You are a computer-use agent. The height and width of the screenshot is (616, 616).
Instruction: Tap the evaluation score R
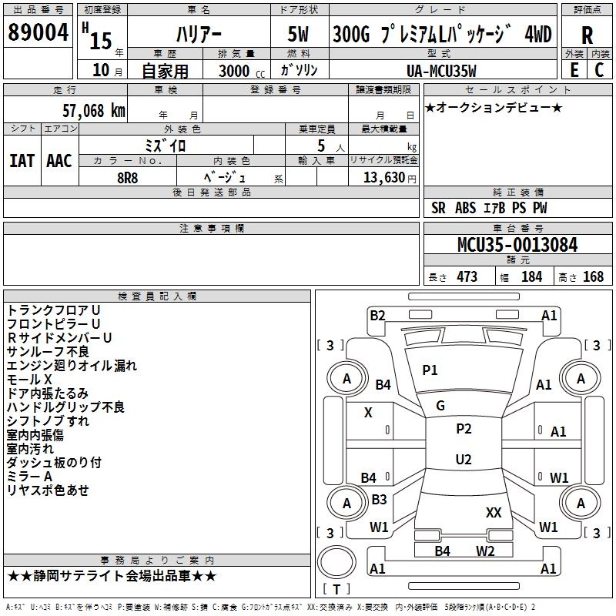click(x=587, y=35)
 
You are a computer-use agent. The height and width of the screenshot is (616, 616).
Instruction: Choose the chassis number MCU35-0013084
click(x=517, y=246)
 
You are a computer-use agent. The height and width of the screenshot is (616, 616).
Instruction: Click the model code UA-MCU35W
click(x=441, y=71)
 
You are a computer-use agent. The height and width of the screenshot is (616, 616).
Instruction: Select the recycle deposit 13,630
click(x=383, y=178)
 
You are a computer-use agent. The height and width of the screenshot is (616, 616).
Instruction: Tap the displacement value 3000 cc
click(x=238, y=71)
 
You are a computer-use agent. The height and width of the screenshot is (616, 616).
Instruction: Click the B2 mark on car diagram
click(x=377, y=315)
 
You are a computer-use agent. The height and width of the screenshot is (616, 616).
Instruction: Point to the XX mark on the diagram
click(x=494, y=512)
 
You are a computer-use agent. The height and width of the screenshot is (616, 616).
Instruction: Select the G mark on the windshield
click(x=440, y=406)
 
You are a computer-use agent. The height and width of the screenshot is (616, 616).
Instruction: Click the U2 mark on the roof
click(x=464, y=460)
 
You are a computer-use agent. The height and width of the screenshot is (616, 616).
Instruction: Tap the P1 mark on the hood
click(x=430, y=370)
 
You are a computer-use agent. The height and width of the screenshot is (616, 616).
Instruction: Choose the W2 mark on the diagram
click(x=485, y=551)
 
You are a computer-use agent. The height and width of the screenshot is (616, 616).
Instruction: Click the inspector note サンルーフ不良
click(x=48, y=352)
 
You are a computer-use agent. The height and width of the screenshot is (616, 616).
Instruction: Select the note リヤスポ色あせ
click(x=48, y=490)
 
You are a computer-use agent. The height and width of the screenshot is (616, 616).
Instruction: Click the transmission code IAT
click(x=22, y=160)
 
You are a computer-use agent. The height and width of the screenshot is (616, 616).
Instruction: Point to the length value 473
click(x=467, y=277)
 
